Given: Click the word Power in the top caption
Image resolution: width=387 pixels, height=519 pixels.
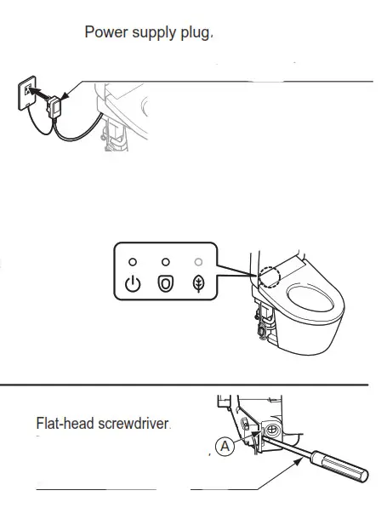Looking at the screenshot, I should tap(105, 33).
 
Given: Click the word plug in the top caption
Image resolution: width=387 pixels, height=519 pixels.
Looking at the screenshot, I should tap(194, 34).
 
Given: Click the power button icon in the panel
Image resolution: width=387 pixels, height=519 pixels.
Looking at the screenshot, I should tap(133, 283).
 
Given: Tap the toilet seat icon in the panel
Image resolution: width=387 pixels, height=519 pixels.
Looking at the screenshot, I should tap(166, 283).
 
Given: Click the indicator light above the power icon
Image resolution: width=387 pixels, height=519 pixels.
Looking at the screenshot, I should tap(133, 261).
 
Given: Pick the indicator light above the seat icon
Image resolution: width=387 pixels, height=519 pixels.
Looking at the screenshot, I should tap(166, 261).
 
